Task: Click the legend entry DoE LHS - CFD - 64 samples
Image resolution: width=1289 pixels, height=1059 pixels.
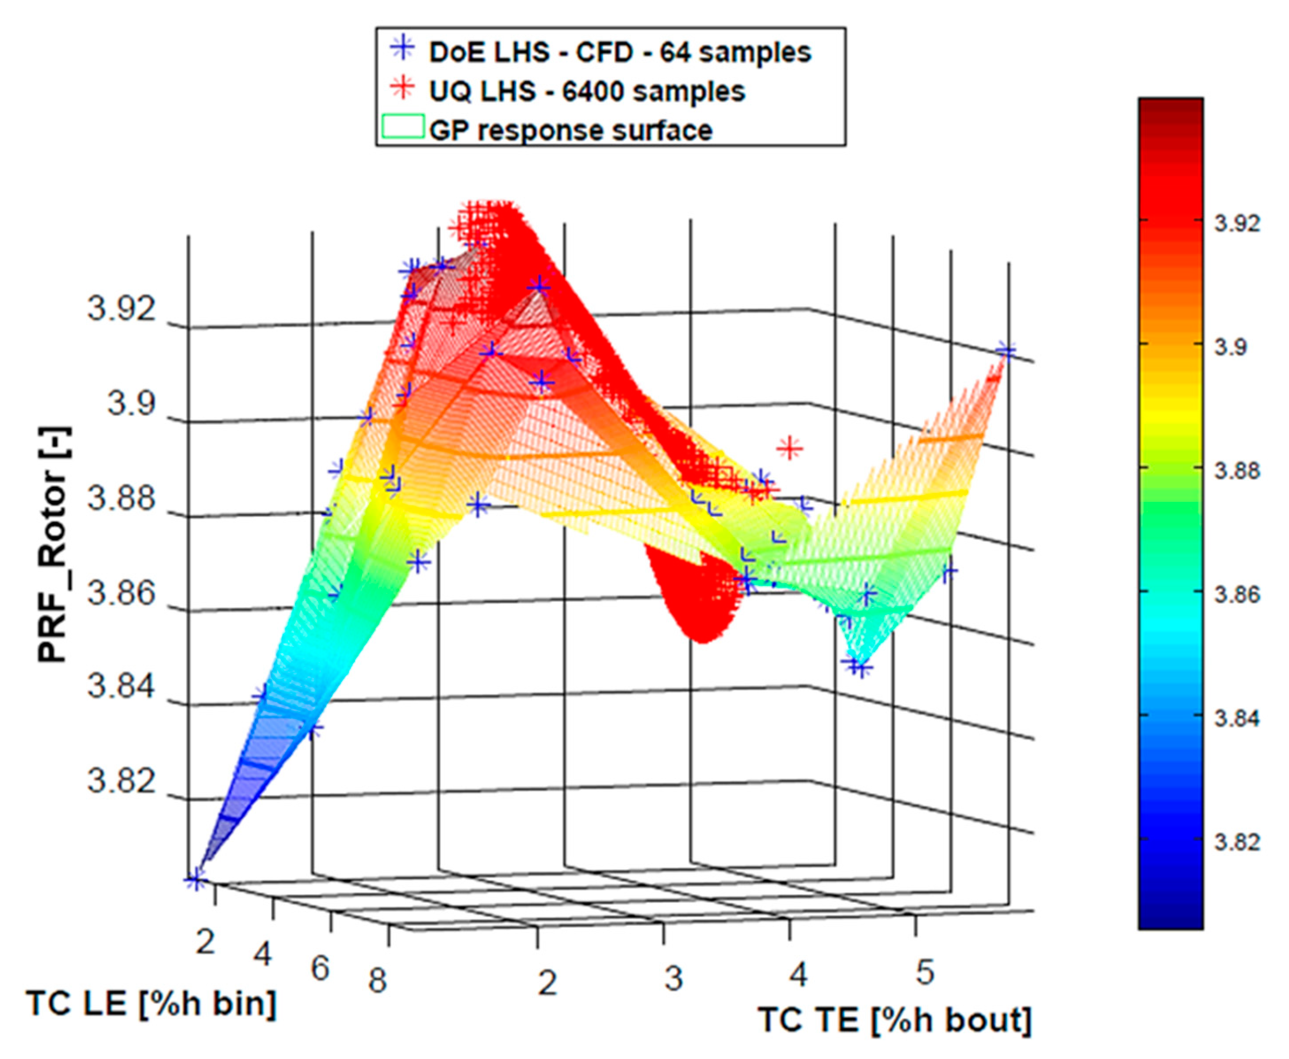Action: tap(619, 53)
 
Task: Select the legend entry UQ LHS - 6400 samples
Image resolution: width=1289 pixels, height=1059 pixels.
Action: tap(586, 92)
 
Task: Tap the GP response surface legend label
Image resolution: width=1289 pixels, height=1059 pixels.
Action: tap(570, 130)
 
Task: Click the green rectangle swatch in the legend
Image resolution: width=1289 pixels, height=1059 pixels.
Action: tap(402, 127)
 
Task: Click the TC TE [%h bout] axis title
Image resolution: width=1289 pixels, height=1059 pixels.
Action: tap(894, 1020)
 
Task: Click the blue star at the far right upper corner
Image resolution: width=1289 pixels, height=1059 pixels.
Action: tap(1006, 352)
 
